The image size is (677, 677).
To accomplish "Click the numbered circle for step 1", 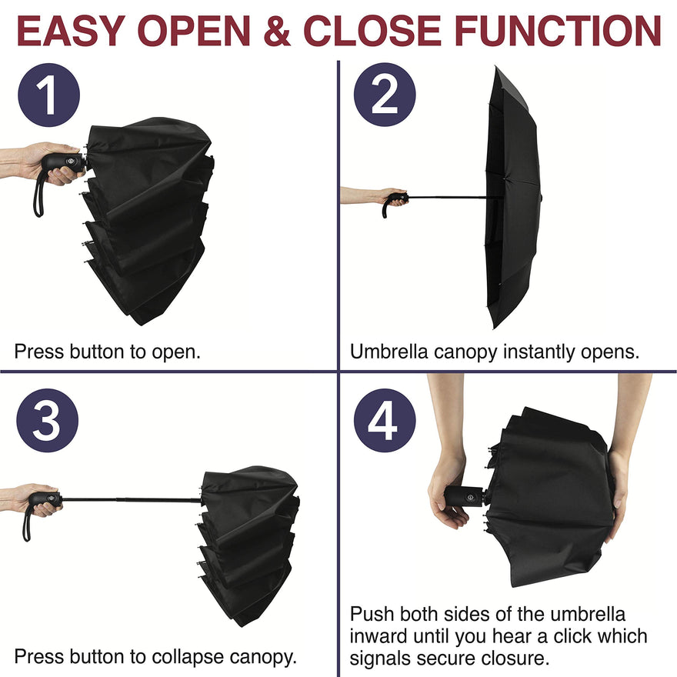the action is click(48, 95).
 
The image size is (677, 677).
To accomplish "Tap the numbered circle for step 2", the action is click(385, 95).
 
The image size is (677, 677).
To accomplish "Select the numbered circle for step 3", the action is click(48, 421).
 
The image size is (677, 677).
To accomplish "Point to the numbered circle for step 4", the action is click(385, 421).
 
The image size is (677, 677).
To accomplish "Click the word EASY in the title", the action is click(72, 31).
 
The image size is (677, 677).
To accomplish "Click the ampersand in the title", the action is click(277, 31).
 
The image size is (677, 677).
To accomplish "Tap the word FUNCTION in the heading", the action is click(558, 31).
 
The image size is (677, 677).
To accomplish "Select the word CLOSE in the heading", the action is click(372, 31).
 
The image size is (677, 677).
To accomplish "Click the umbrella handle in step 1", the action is click(63, 164).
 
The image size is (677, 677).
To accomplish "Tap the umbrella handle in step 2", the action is click(395, 202).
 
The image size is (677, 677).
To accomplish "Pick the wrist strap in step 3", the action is click(26, 523).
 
